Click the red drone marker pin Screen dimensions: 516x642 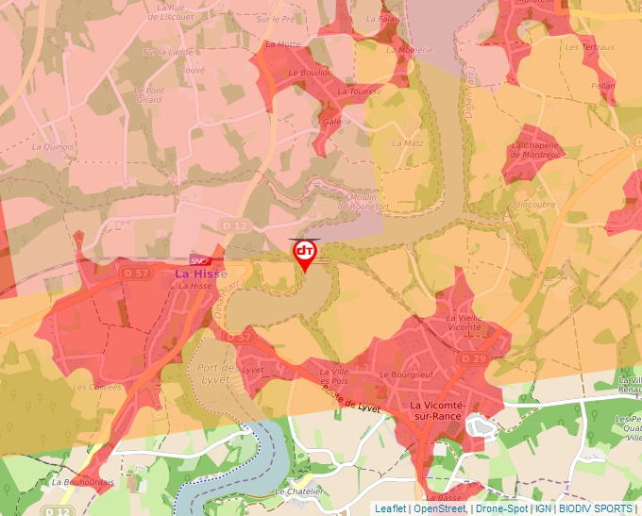click(x=304, y=253)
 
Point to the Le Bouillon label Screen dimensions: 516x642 click(x=311, y=73)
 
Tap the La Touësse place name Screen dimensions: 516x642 click(x=360, y=92)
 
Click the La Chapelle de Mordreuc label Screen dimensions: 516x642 click(x=535, y=151)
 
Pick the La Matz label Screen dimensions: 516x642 click(x=408, y=143)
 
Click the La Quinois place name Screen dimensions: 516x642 click(x=53, y=146)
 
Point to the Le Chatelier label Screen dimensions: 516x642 click(x=298, y=491)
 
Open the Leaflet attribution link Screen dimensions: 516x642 click(x=390, y=508)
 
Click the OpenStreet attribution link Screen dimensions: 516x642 click(x=440, y=508)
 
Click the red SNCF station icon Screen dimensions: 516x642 click(x=199, y=259)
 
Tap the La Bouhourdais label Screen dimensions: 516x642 click(x=83, y=481)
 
